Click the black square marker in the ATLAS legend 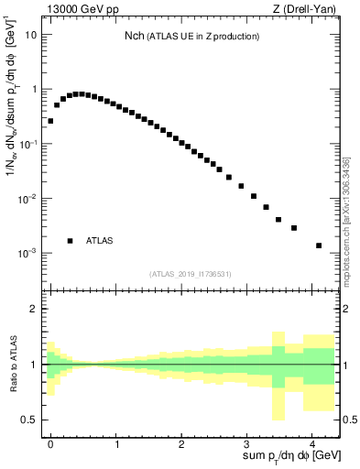point(70,241)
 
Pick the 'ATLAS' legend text point(100,241)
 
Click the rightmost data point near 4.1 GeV point(319,245)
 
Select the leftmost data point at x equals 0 point(50,121)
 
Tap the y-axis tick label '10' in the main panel point(31,35)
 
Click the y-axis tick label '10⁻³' point(28,253)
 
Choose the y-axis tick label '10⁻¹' point(28,144)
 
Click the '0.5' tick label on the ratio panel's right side point(348,420)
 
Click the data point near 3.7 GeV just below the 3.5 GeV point point(294,228)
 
